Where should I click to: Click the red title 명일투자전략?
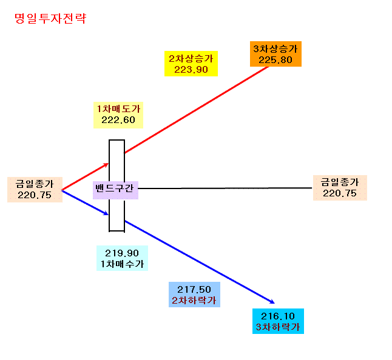[50, 18]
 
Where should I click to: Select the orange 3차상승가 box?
[275, 54]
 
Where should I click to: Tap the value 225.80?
[275, 60]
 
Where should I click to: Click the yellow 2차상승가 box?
[191, 64]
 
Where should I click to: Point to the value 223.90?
[191, 70]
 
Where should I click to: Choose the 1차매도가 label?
[118, 109]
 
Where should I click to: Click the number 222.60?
[118, 120]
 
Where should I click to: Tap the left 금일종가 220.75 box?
[35, 190]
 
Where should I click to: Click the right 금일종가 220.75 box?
[340, 188]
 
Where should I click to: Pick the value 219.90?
[122, 253]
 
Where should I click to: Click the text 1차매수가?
[122, 264]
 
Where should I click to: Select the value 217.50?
[194, 290]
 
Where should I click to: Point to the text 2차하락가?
[194, 301]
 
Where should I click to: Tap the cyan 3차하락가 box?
[278, 321]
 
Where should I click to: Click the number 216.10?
[278, 316]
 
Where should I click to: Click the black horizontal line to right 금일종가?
[225, 188]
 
